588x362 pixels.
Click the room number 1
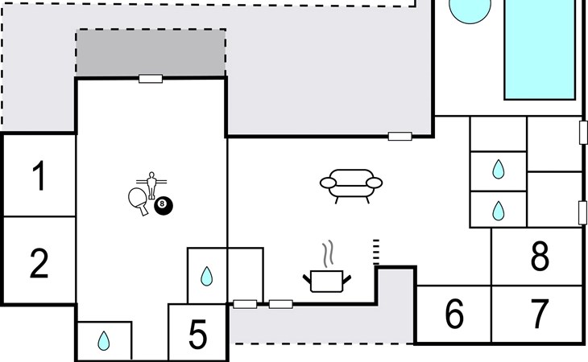point(39,177)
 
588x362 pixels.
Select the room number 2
point(39,263)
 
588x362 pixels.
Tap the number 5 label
point(197,335)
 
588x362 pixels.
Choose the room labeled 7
point(540,315)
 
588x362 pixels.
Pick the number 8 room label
point(540,257)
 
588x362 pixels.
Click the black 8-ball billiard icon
point(164,205)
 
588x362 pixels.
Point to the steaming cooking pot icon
point(327,274)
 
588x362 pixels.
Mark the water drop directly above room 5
point(206,278)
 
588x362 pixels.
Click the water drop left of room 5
point(104,341)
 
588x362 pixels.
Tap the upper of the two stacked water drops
point(498,170)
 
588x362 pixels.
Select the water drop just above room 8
point(498,210)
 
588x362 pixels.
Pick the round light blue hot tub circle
point(470,8)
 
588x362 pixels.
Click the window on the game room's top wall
point(151,79)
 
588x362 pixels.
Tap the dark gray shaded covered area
point(151,53)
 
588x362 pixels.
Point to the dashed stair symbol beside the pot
point(375,252)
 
